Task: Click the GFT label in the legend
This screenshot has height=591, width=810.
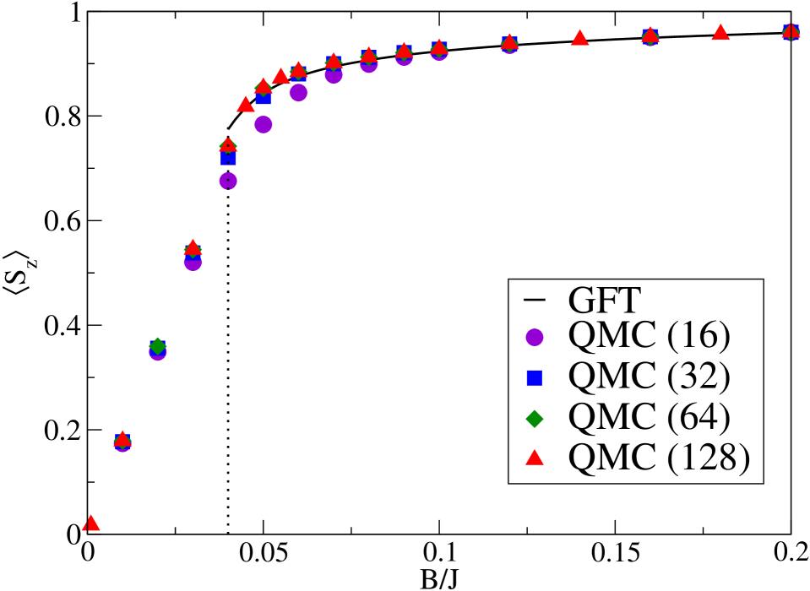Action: click(605, 299)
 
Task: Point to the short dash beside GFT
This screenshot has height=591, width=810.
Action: click(534, 299)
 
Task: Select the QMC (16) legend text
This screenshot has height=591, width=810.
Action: click(649, 336)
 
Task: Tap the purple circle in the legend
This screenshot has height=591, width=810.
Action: click(534, 337)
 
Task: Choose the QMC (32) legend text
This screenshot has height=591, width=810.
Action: click(649, 377)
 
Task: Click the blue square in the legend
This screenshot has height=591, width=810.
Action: click(534, 377)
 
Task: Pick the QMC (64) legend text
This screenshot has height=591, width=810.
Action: click(649, 416)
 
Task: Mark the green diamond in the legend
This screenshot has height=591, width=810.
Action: click(534, 417)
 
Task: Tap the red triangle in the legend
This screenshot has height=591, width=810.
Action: click(534, 457)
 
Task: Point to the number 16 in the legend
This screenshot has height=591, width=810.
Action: click(698, 336)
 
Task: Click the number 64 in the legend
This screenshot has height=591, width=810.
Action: click(698, 416)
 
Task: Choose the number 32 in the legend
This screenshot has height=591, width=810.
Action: click(698, 377)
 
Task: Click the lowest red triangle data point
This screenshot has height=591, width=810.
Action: click(90, 523)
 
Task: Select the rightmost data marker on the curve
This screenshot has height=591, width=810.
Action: click(791, 32)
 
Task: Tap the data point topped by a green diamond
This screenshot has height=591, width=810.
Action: click(157, 346)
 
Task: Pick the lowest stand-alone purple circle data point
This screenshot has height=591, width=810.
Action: click(228, 181)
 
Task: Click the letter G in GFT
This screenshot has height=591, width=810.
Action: click(581, 299)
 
